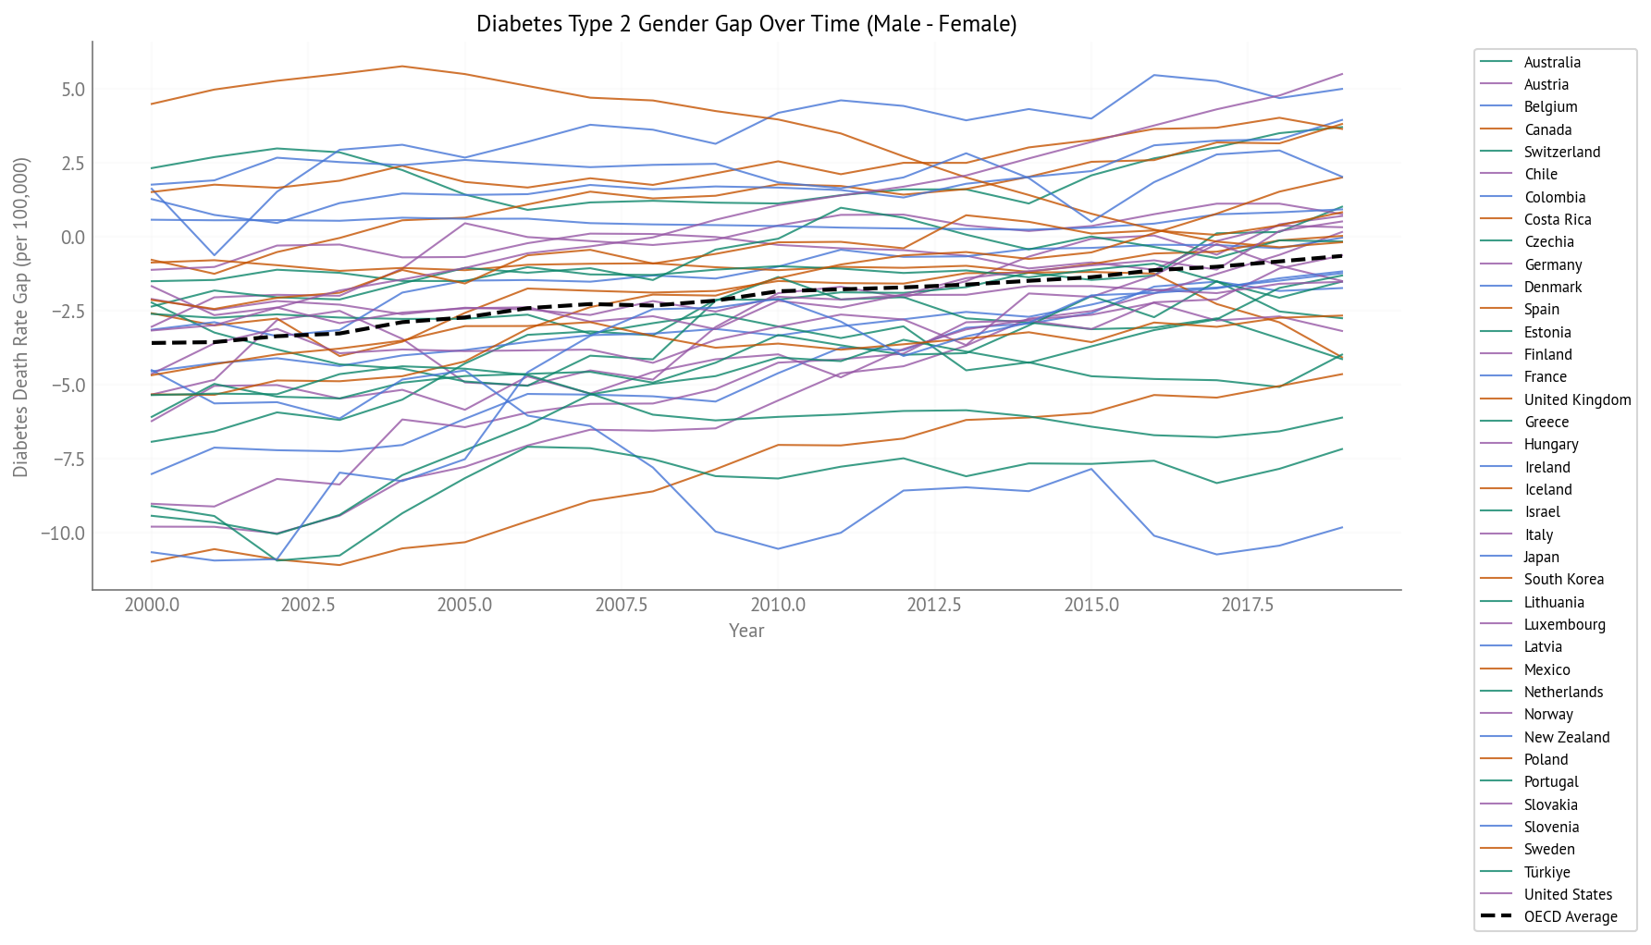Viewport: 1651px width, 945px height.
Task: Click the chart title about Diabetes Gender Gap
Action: coord(746,24)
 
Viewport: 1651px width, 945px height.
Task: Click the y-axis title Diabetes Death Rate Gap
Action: coord(20,317)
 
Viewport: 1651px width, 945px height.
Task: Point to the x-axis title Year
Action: coord(746,631)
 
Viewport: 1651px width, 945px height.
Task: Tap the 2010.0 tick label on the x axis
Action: coord(778,605)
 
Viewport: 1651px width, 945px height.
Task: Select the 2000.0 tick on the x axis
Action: coord(152,605)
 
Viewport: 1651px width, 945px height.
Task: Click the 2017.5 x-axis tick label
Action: coord(1248,605)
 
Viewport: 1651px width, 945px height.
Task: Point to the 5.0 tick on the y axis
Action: coord(73,90)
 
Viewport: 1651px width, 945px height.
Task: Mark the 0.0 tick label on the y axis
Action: coord(73,238)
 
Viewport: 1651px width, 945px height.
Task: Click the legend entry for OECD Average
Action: coord(1571,916)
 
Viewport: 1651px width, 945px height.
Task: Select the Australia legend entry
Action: coord(1552,62)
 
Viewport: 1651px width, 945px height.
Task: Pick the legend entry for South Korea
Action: coord(1564,579)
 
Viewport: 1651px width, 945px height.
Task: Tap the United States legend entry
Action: coord(1568,894)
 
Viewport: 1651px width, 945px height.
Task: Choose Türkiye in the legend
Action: coord(1547,872)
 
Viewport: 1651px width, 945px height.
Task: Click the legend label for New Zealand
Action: coord(1567,737)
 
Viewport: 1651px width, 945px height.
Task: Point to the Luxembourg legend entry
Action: coord(1565,624)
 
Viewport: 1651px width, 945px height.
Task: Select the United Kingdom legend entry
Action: coord(1577,399)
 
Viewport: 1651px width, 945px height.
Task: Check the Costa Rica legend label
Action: coord(1558,219)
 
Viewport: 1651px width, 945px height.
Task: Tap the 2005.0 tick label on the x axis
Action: coord(464,605)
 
